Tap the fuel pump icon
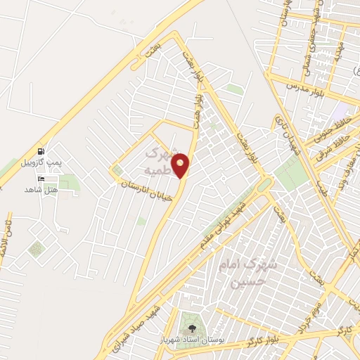39,151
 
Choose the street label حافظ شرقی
330,144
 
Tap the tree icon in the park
189,327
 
